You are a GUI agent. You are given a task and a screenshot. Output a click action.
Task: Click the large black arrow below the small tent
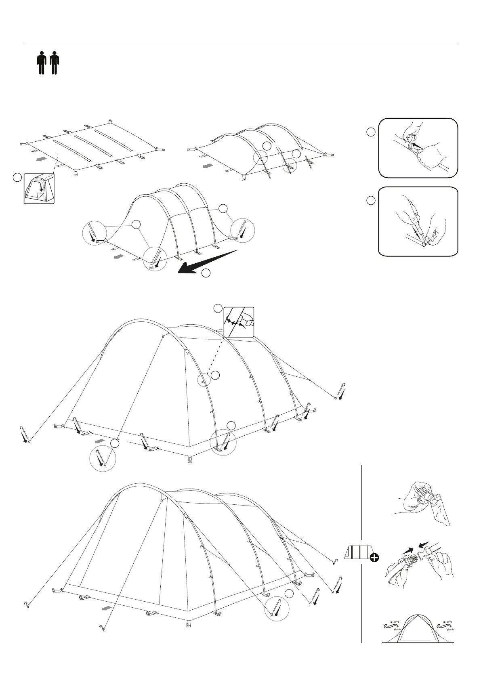click(x=206, y=262)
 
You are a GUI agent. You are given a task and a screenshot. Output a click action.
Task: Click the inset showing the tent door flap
click(x=39, y=189)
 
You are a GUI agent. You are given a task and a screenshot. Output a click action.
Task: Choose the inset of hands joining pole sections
click(x=418, y=148)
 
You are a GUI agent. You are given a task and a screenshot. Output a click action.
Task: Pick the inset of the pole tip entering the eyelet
click(x=418, y=221)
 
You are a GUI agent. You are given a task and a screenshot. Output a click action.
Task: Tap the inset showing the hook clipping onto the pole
click(x=239, y=322)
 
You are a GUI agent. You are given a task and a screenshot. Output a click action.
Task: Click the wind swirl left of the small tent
click(x=391, y=626)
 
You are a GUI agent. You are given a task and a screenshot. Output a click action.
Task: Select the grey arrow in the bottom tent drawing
click(x=107, y=608)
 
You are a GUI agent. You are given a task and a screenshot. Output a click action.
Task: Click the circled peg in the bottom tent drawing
click(x=277, y=609)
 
